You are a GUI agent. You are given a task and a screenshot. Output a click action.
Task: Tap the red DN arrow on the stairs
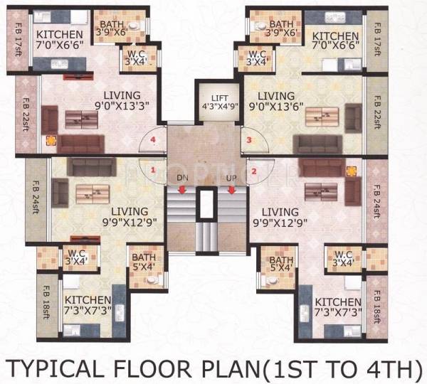click(182, 190)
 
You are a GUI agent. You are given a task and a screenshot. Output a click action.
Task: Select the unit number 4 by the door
click(152, 141)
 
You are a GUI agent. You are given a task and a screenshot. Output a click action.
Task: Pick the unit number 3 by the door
click(248, 140)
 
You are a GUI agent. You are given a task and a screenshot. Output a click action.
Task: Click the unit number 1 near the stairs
click(153, 170)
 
